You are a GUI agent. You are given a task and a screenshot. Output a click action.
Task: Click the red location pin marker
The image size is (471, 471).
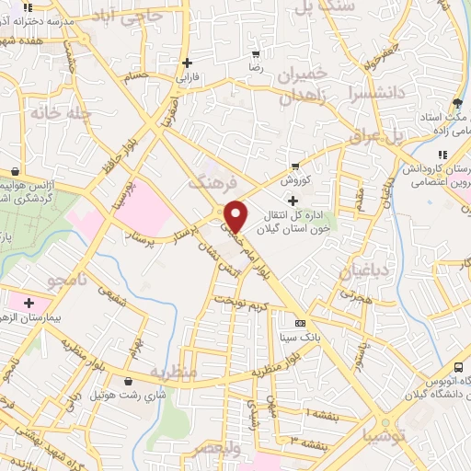(236, 216)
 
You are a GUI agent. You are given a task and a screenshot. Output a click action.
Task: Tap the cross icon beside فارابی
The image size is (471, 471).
(188, 63)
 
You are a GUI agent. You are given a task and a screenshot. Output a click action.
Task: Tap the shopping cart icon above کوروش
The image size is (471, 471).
(294, 167)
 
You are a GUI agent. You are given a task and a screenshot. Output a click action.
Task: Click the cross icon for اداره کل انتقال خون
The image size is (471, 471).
(293, 201)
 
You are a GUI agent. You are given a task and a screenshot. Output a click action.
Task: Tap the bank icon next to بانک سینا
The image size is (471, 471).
(300, 323)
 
